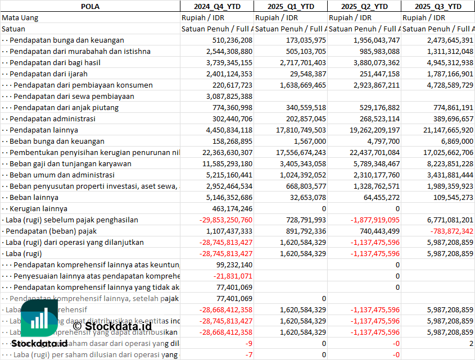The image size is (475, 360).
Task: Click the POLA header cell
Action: (90, 6)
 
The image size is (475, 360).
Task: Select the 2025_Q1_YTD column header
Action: (290, 6)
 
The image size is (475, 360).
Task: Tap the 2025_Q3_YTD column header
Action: (438, 6)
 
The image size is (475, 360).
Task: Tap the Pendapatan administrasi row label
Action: (52, 119)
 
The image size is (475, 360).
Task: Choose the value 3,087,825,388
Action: (228, 96)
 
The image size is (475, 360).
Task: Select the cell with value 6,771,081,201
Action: (444, 220)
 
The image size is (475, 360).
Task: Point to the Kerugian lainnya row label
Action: (38, 208)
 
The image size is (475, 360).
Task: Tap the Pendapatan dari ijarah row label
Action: (48, 74)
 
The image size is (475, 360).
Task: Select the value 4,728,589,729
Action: (444, 85)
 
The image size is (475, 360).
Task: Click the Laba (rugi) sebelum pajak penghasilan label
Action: (71, 220)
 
